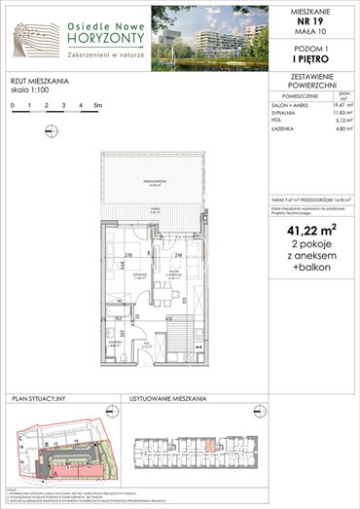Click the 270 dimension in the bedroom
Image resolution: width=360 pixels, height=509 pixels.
pyautogui.click(x=129, y=255)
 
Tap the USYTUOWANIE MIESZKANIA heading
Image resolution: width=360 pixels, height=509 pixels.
pyautogui.click(x=165, y=400)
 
